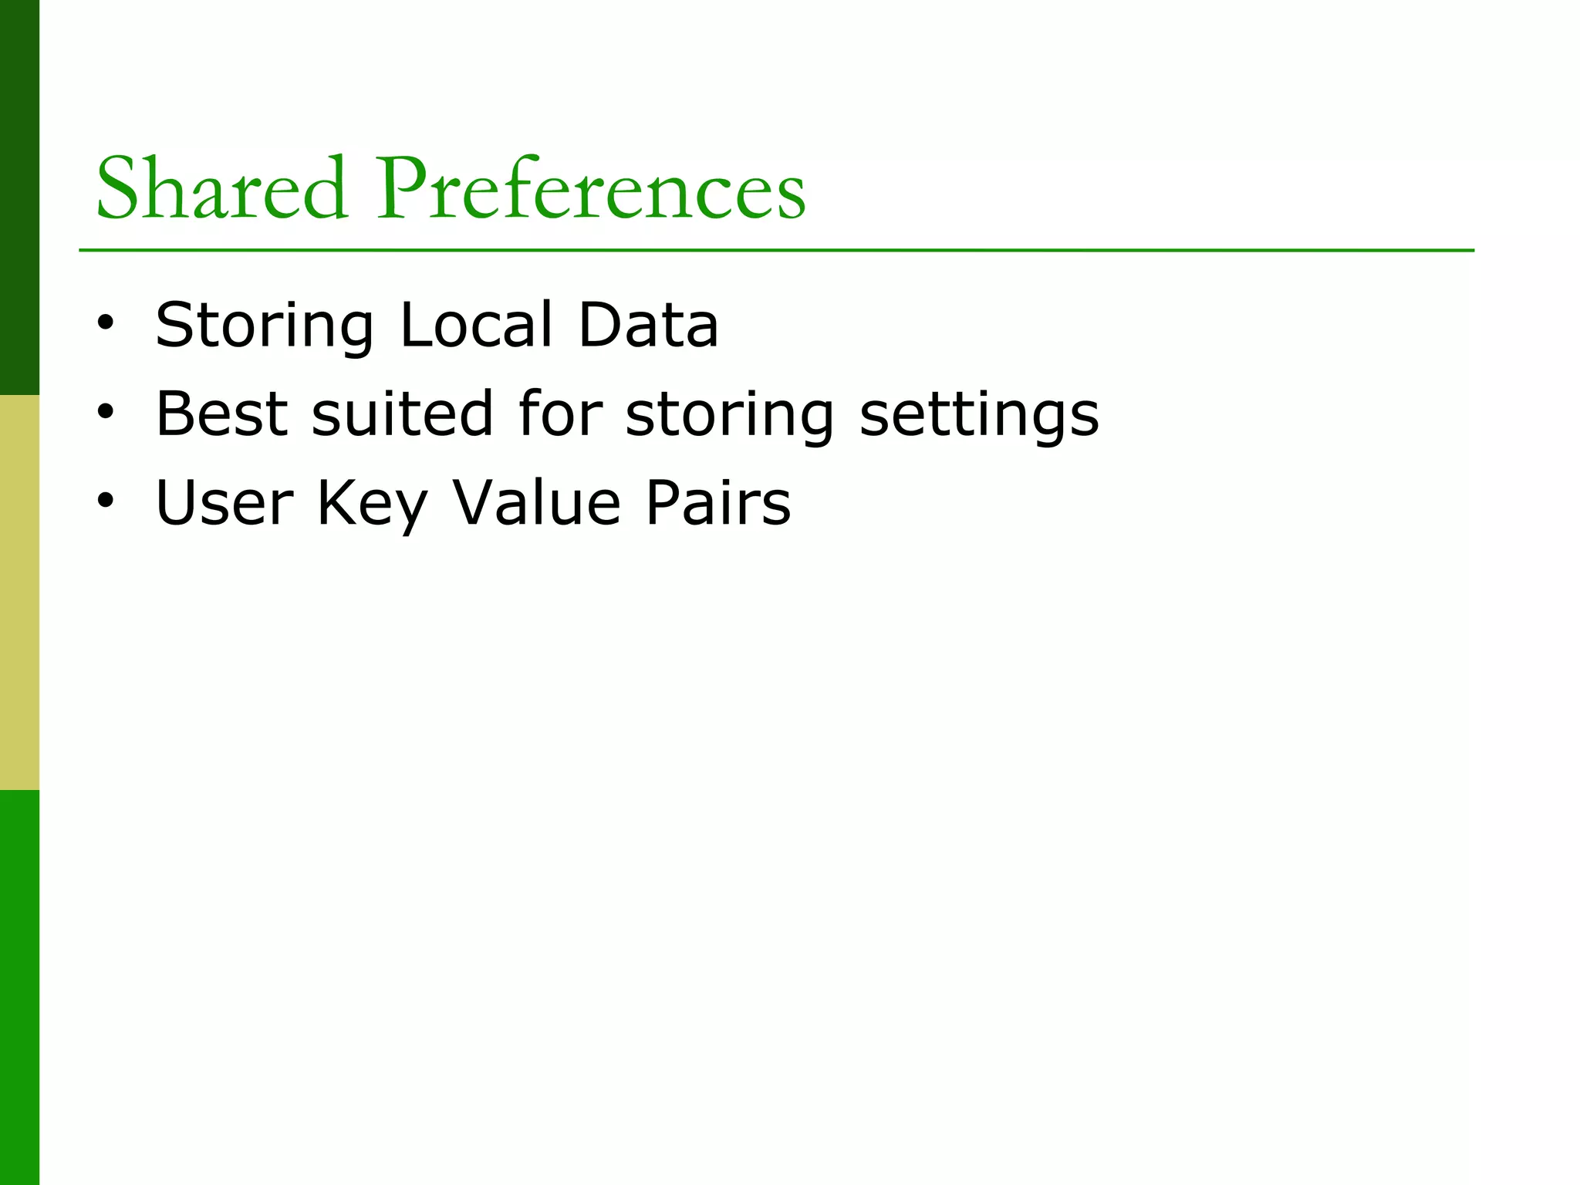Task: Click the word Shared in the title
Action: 221,189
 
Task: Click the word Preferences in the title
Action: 591,189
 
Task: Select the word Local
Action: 476,325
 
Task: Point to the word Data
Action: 648,325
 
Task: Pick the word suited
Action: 402,414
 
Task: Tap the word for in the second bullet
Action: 559,414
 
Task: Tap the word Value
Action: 536,503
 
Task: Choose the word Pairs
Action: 718,503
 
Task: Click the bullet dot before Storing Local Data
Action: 106,323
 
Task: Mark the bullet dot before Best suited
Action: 106,412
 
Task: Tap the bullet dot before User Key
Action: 106,501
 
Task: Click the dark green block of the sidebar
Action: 19,197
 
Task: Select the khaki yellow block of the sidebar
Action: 19,592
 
